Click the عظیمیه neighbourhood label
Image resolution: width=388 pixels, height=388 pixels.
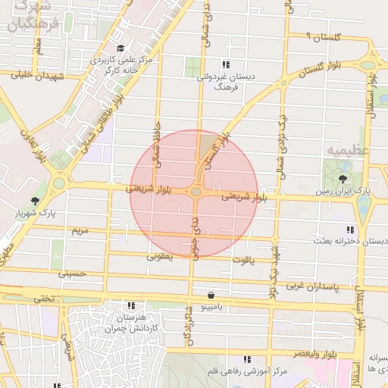point(350,149)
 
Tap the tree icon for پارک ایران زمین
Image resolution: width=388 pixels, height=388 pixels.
point(345,179)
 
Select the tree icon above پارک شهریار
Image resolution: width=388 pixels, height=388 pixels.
point(35,201)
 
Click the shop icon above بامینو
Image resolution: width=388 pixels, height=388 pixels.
point(210,296)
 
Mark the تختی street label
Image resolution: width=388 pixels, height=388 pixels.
point(43,298)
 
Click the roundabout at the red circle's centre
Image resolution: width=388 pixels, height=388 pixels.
point(196,192)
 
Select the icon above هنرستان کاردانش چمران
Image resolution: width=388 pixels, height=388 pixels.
point(128,306)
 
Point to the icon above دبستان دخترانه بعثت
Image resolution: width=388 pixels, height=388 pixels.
point(349,229)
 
